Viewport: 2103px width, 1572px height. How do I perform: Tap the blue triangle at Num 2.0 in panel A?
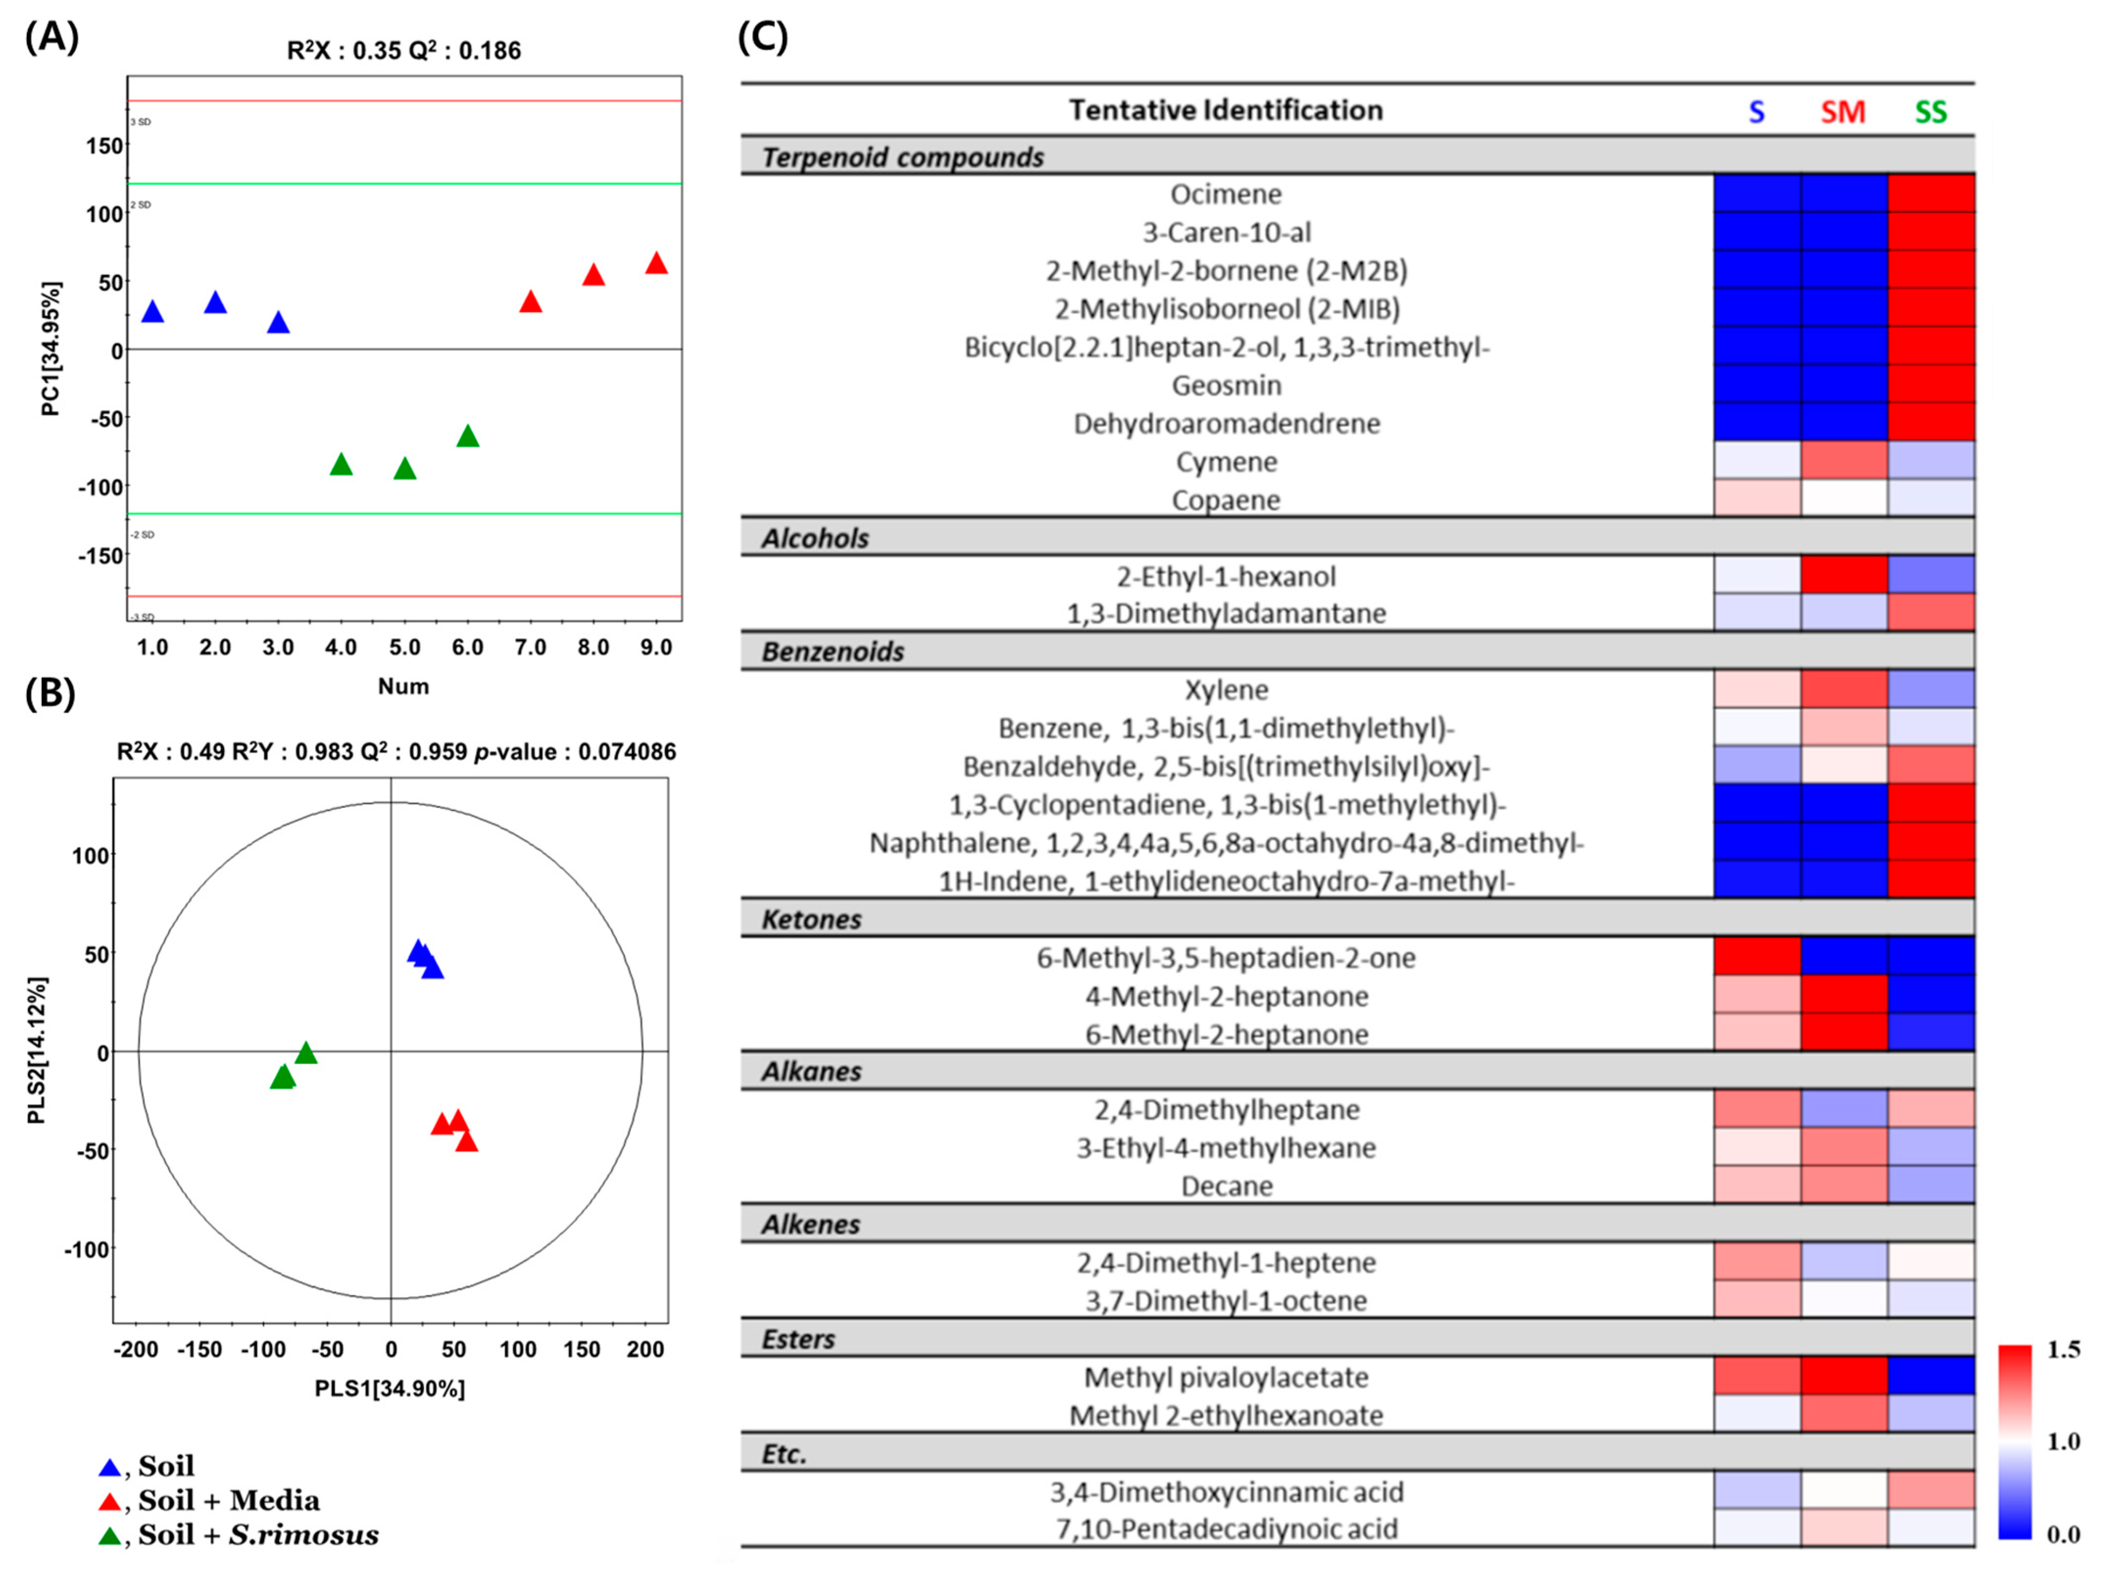point(215,303)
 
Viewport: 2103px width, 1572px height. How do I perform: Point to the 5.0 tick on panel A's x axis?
point(404,647)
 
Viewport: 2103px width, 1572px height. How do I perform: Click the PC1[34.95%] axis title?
point(50,349)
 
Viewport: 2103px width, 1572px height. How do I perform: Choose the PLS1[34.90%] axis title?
point(390,1388)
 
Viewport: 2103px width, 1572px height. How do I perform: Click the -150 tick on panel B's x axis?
point(199,1350)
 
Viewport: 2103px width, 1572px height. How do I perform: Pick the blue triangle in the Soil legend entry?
point(110,1468)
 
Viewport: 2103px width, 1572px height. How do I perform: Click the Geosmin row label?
point(1226,385)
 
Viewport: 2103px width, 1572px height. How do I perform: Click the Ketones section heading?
point(811,919)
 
